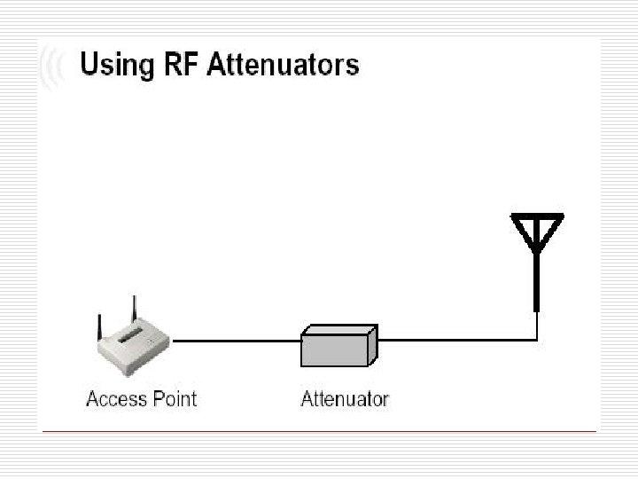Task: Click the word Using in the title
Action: point(114,65)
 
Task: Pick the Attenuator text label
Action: point(345,398)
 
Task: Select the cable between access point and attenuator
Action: point(237,340)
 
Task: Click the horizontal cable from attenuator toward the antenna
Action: point(456,339)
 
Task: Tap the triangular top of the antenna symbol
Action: point(537,228)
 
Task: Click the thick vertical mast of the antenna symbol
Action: point(537,279)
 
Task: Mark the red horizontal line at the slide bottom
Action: point(319,432)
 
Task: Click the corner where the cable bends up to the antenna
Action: point(537,339)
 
